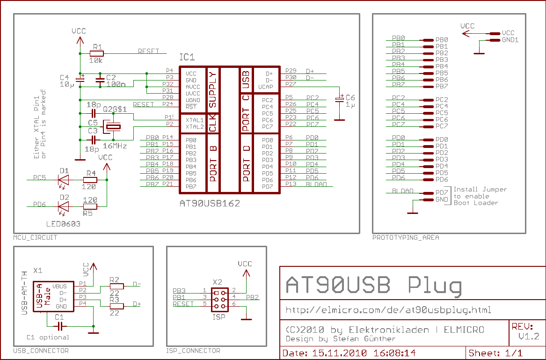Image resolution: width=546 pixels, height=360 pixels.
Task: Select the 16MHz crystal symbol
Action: tap(113, 126)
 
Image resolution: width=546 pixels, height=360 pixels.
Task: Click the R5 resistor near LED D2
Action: tap(90, 206)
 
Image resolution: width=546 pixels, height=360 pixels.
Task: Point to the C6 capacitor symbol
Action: tap(340, 100)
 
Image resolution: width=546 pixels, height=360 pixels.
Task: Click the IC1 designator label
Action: tap(187, 58)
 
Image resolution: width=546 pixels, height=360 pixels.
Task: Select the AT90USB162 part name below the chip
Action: tap(210, 204)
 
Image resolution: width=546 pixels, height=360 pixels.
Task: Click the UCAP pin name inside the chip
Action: tap(265, 87)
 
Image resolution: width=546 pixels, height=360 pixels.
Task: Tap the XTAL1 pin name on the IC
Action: tap(194, 120)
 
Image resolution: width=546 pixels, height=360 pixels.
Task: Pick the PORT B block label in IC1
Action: tap(213, 163)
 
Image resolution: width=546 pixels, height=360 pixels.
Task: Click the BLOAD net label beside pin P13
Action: tap(316, 184)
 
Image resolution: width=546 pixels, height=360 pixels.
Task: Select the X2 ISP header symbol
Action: tap(219, 300)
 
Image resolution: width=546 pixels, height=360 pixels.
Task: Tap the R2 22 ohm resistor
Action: tap(116, 286)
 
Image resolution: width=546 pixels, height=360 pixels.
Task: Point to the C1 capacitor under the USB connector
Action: tap(60, 326)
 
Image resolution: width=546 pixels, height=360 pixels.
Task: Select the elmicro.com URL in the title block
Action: tap(388, 310)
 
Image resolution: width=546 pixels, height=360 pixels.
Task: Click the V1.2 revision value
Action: tap(528, 337)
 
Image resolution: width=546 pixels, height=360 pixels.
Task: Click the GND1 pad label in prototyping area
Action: tap(510, 40)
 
